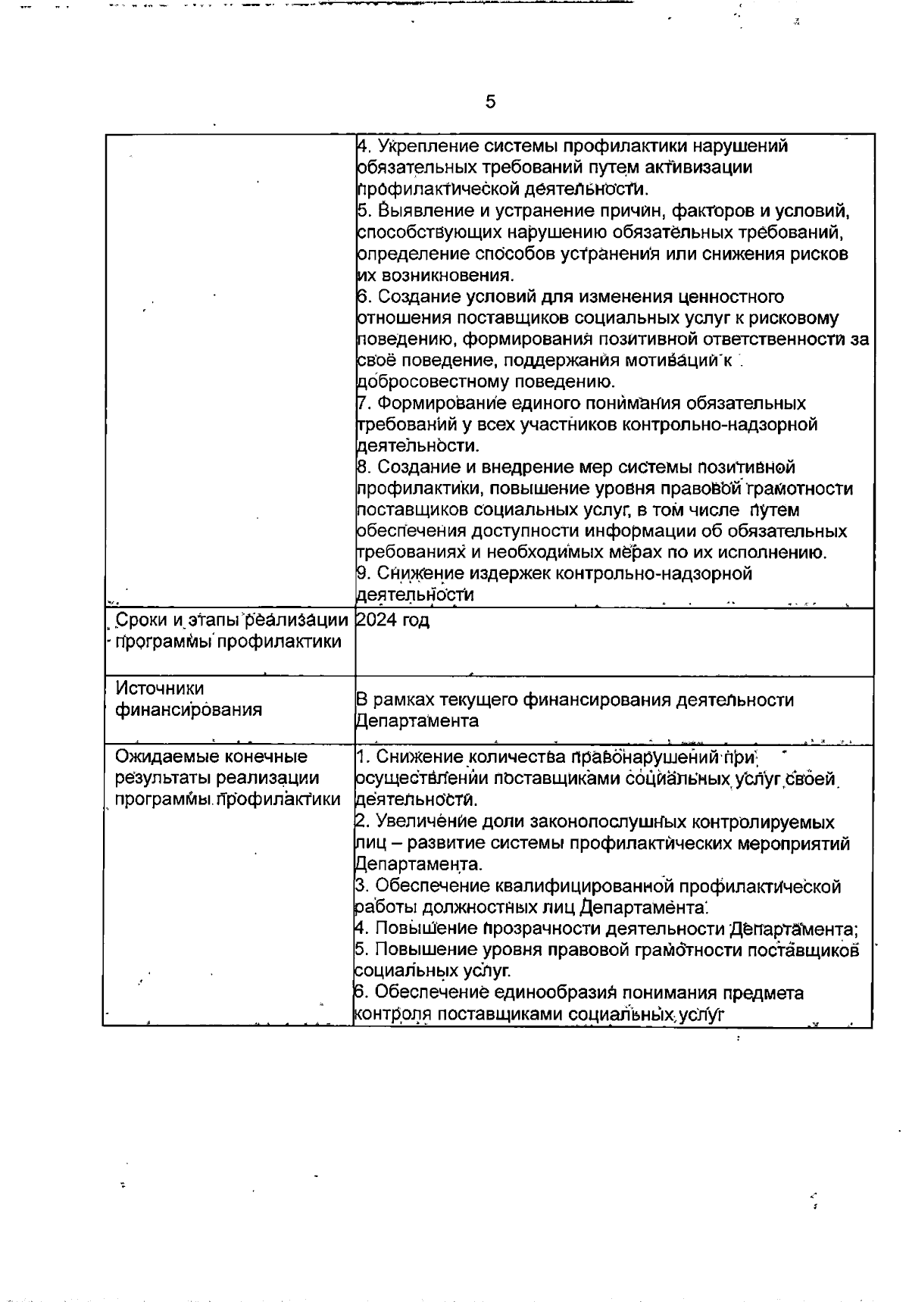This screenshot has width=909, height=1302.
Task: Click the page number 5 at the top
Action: (490, 101)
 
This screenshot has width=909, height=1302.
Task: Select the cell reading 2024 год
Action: (392, 620)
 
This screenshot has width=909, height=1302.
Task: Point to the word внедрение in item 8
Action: (517, 467)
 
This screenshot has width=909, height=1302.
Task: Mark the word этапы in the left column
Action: (210, 620)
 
